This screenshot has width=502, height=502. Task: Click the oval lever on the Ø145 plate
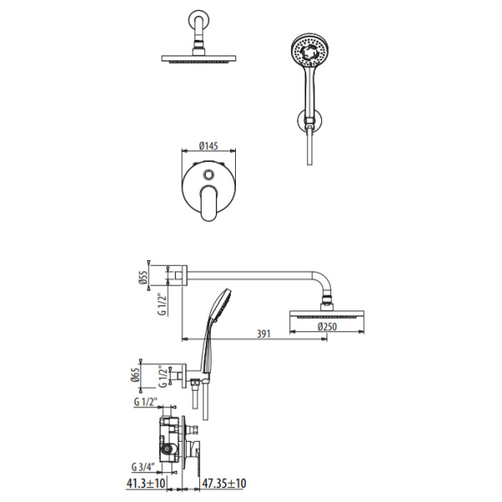coord(210,202)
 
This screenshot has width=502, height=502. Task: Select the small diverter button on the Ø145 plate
coord(205,175)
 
